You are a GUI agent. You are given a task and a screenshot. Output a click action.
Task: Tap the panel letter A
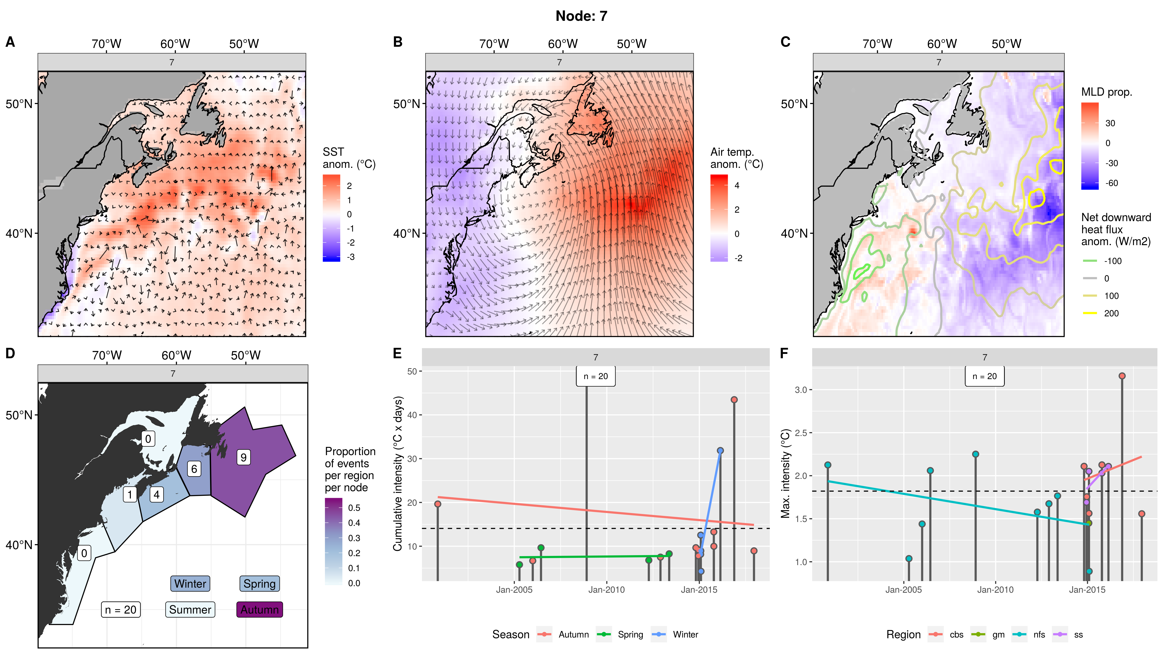10,42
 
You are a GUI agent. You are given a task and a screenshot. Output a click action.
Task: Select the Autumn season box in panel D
259,609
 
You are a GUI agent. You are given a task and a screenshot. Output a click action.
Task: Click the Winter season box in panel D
190,584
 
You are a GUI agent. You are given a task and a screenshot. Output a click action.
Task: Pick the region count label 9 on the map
243,457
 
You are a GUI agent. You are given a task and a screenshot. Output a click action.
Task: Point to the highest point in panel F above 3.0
1122,376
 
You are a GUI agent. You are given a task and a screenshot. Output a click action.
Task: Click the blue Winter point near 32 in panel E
720,451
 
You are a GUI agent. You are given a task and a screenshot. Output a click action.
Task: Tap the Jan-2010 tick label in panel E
606,590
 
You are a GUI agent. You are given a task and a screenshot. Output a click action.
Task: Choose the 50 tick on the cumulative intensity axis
412,372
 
